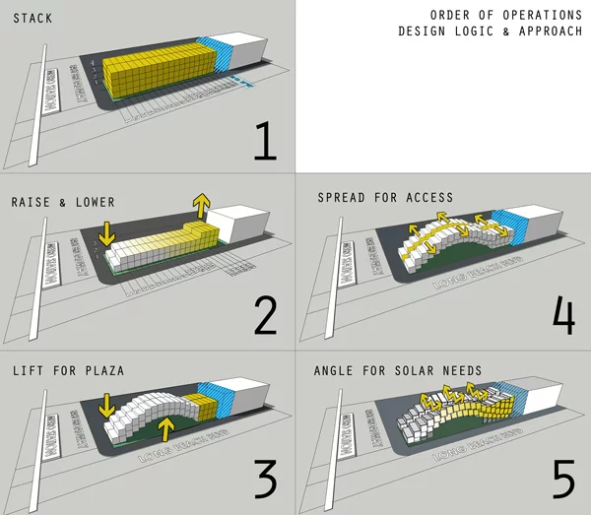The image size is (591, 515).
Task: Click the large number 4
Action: pyautogui.click(x=562, y=314)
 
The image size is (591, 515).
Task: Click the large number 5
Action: pyautogui.click(x=562, y=479)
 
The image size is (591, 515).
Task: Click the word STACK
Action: pyautogui.click(x=33, y=19)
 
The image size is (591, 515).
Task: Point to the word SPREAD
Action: pyautogui.click(x=343, y=197)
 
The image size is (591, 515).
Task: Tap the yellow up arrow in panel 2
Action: pyautogui.click(x=202, y=206)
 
